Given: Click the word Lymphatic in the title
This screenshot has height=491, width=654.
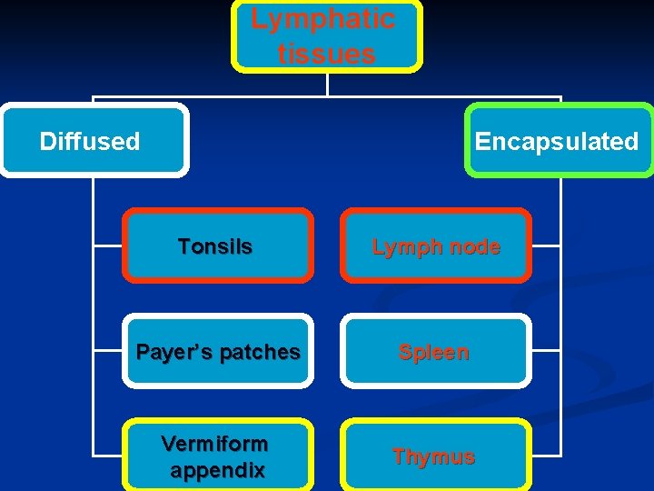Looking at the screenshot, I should (322, 19).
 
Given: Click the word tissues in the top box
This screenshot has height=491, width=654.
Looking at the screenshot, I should (326, 54).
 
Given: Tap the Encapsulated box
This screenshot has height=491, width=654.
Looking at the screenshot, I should (558, 140).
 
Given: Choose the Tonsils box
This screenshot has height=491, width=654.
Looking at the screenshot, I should (217, 245).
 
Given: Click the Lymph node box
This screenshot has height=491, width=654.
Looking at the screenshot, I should (435, 245).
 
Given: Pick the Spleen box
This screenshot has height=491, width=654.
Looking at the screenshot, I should (435, 351).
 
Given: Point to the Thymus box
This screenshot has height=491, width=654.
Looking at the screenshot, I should (435, 456).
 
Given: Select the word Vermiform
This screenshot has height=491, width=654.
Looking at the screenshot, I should (214, 444).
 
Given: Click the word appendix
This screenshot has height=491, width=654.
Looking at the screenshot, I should (217, 471).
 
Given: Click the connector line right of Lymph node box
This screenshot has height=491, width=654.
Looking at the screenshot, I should (546, 245).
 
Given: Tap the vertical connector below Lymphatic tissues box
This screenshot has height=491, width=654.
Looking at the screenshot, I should (327, 84).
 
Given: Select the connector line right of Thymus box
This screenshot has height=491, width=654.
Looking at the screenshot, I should (546, 456).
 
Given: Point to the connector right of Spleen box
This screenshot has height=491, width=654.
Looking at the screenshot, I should (546, 351).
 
